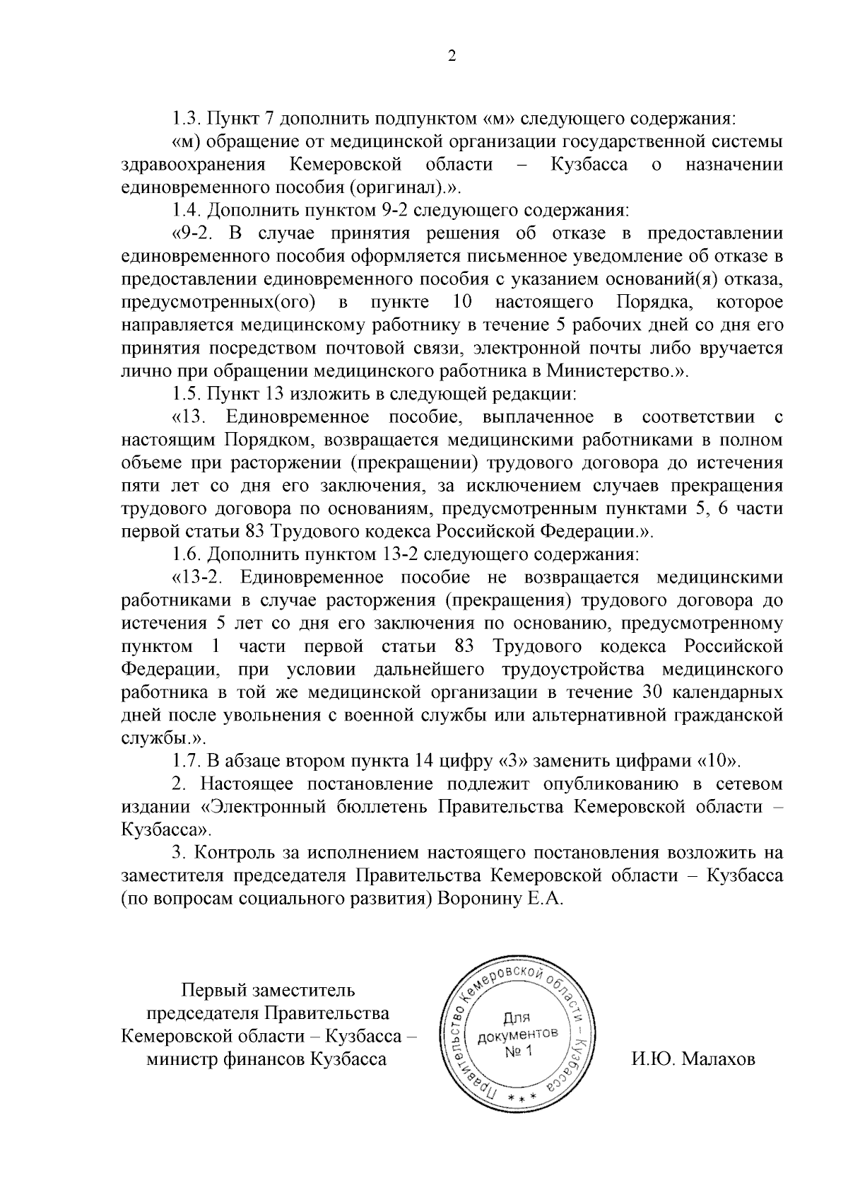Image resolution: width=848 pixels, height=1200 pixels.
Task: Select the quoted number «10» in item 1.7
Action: click(x=717, y=762)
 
